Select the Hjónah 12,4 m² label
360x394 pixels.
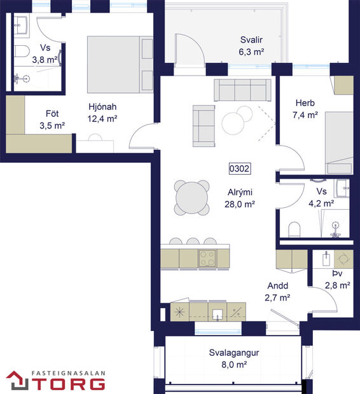[x=102, y=112]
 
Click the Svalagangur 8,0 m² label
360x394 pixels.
[x=228, y=359]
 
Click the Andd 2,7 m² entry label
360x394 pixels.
[x=277, y=291]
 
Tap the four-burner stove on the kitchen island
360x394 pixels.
[x=208, y=257]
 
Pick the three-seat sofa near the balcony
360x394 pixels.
[x=242, y=90]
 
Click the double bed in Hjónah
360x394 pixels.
[x=120, y=64]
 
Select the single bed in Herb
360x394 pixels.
[x=339, y=142]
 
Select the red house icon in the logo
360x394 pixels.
[x=17, y=380]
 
